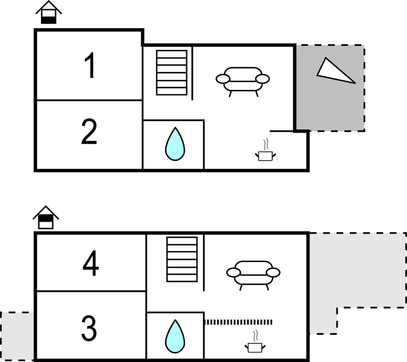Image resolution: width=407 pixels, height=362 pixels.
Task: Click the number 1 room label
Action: click(x=89, y=66)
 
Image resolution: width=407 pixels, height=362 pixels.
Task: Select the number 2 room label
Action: click(x=89, y=132)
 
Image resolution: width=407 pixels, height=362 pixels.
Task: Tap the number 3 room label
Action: click(x=89, y=329)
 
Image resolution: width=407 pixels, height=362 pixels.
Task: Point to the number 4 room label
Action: click(x=91, y=264)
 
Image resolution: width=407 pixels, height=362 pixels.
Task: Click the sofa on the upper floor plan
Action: click(x=242, y=79)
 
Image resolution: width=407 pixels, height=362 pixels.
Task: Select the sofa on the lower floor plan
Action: click(x=253, y=272)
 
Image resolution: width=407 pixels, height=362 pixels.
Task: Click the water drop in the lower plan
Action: click(x=175, y=336)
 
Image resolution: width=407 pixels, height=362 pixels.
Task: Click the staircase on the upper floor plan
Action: click(x=172, y=73)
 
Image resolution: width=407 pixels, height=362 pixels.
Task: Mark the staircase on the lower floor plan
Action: click(x=182, y=259)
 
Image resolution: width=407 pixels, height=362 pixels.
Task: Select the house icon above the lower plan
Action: click(x=45, y=218)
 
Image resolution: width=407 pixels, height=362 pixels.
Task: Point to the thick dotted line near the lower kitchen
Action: click(x=238, y=322)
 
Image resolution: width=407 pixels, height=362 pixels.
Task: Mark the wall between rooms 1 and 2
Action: click(x=89, y=100)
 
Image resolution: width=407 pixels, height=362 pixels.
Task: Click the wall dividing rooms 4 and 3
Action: click(x=91, y=291)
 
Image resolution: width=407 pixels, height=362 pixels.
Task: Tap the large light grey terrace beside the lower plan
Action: click(x=355, y=272)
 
